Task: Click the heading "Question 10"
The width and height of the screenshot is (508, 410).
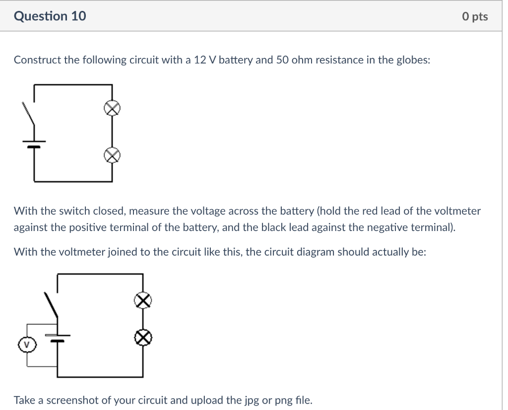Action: (x=50, y=16)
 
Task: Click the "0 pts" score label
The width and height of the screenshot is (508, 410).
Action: (x=474, y=17)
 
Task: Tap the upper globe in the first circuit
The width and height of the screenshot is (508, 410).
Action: (x=113, y=109)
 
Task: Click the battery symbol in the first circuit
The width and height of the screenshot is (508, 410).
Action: (x=34, y=144)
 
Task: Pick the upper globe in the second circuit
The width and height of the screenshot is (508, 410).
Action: (x=143, y=300)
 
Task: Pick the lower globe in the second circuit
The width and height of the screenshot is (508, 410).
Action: (x=143, y=338)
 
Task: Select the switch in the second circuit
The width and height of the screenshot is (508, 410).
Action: (x=52, y=305)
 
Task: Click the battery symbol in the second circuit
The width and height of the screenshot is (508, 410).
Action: (x=58, y=338)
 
